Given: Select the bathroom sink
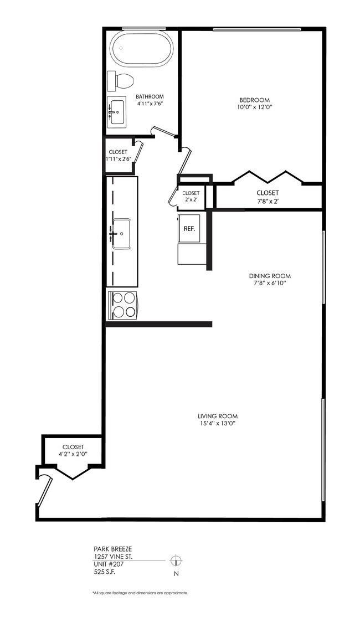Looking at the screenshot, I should (117, 114).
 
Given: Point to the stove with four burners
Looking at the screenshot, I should (122, 305).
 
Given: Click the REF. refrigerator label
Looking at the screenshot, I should (189, 228).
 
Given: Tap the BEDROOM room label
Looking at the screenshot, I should (258, 100).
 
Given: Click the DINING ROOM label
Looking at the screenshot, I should (270, 276).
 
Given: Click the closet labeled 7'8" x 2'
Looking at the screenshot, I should (268, 197).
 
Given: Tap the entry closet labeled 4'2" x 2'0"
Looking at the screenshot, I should (73, 450).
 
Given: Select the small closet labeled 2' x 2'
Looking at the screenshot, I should (191, 196).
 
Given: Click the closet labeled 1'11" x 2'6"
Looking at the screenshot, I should (118, 156).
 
